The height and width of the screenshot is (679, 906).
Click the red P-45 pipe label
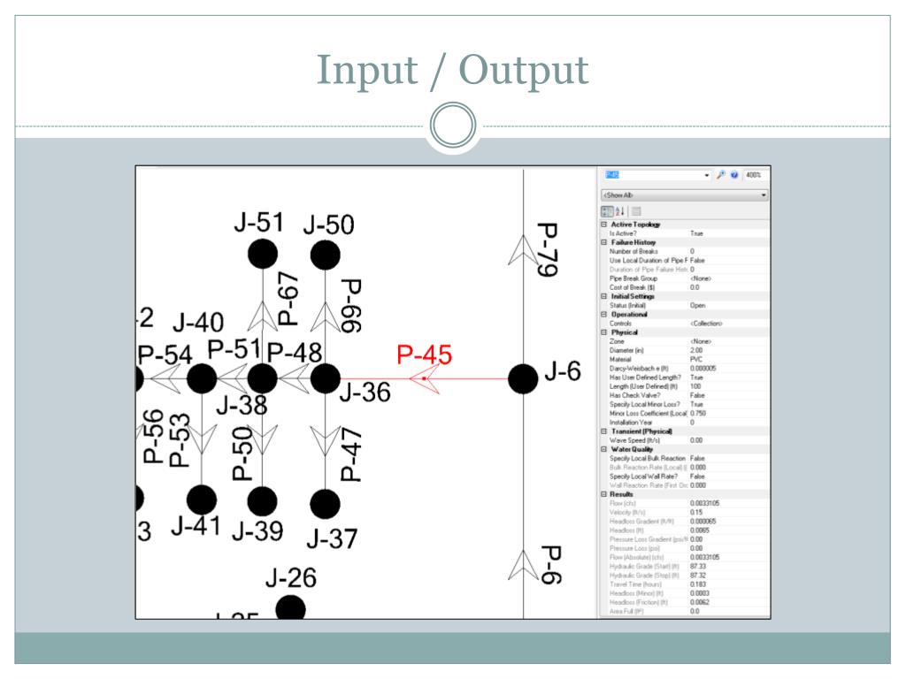424,355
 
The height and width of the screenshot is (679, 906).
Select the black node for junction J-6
523,378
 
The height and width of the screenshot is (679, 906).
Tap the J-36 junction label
364,393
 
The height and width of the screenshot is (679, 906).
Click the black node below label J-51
262,255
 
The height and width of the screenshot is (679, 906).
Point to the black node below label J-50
326,255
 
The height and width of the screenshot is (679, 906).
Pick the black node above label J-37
326,503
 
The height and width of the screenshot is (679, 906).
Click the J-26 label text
290,578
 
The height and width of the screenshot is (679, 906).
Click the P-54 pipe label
165,355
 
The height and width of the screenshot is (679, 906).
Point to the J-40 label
197,323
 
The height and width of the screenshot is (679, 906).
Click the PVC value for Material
695,360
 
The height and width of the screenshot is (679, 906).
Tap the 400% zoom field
756,175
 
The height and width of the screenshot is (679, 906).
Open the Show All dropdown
684,195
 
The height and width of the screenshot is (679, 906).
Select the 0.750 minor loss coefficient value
698,414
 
